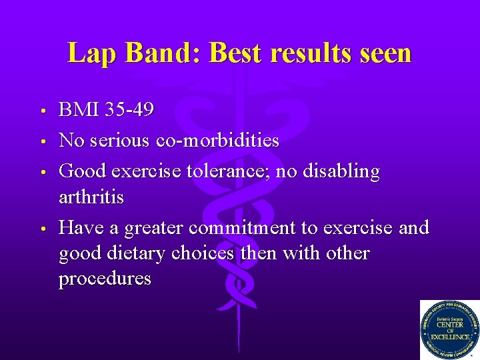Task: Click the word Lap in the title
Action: (89, 53)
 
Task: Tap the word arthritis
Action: (91, 198)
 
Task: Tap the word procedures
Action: (105, 279)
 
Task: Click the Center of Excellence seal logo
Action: (449, 330)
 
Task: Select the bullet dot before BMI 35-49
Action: (42, 111)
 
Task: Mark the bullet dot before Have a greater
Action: (42, 229)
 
